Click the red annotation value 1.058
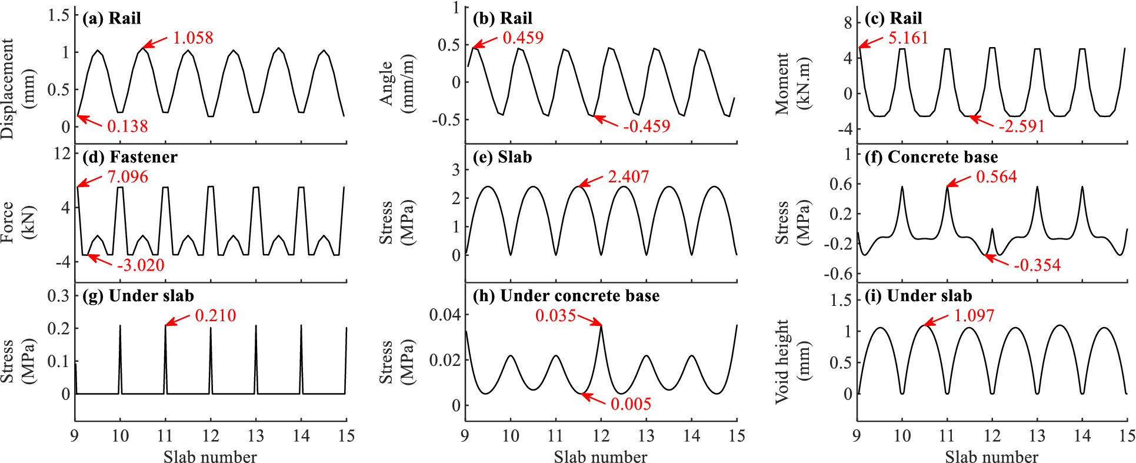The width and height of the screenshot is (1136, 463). click(x=192, y=38)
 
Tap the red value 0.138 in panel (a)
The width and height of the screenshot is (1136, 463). click(x=127, y=126)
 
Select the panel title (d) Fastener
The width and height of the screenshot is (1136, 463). click(x=129, y=157)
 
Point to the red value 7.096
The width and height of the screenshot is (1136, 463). click(x=127, y=177)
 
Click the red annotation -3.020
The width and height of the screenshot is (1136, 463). click(x=140, y=265)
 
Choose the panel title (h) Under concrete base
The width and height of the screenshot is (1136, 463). click(x=566, y=296)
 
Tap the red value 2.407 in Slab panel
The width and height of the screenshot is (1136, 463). click(x=628, y=177)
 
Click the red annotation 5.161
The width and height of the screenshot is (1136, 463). click(x=908, y=38)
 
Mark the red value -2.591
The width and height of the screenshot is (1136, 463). click(x=1021, y=126)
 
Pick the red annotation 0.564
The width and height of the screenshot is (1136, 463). click(x=996, y=177)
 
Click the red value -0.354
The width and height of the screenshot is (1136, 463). click(x=1037, y=265)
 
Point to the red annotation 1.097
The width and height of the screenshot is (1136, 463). click(x=974, y=316)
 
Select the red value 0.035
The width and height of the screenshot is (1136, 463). click(x=555, y=316)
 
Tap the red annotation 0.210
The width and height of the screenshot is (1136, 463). click(x=215, y=316)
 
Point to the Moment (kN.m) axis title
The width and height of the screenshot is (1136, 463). click(x=792, y=84)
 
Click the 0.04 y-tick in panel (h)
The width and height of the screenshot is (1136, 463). click(x=445, y=315)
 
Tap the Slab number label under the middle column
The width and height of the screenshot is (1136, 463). click(x=600, y=457)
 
